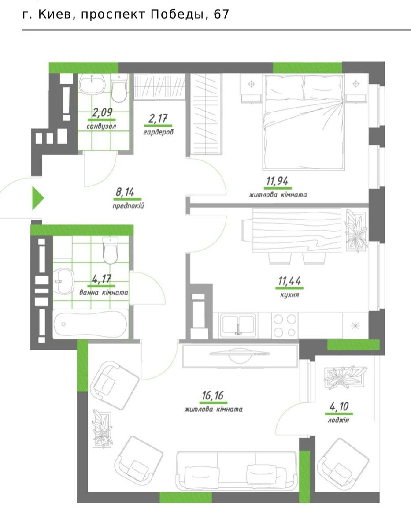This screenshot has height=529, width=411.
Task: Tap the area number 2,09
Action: click(102, 112)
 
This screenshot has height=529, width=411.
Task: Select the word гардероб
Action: click(158, 132)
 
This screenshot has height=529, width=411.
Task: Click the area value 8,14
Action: click(125, 192)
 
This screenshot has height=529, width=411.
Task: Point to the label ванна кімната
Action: click(104, 292)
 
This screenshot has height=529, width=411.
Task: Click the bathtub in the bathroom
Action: click(90, 324)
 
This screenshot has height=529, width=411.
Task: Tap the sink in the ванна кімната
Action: click(63, 282)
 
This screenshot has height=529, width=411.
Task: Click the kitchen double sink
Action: click(238, 326)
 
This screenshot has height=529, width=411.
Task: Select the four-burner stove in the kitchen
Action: click(285, 325)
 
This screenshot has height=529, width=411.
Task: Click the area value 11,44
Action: click(289, 281)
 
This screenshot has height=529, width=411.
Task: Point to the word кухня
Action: click(289, 295)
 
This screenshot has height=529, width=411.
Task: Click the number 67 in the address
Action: click(221, 15)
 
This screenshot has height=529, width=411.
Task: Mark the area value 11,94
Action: click(277, 181)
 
